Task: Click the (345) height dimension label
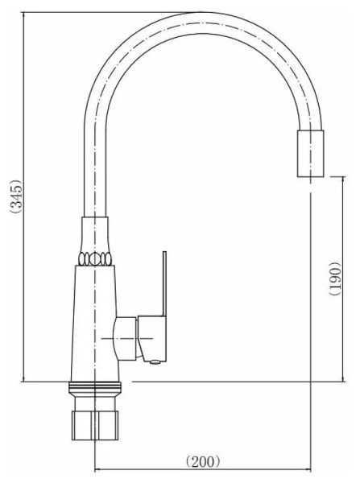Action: click(16, 196)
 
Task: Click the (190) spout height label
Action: click(335, 279)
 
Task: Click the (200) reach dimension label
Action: click(203, 461)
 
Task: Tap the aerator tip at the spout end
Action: click(310, 154)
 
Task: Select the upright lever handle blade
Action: click(164, 283)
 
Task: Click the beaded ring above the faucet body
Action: click(95, 258)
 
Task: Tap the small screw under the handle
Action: click(155, 362)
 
